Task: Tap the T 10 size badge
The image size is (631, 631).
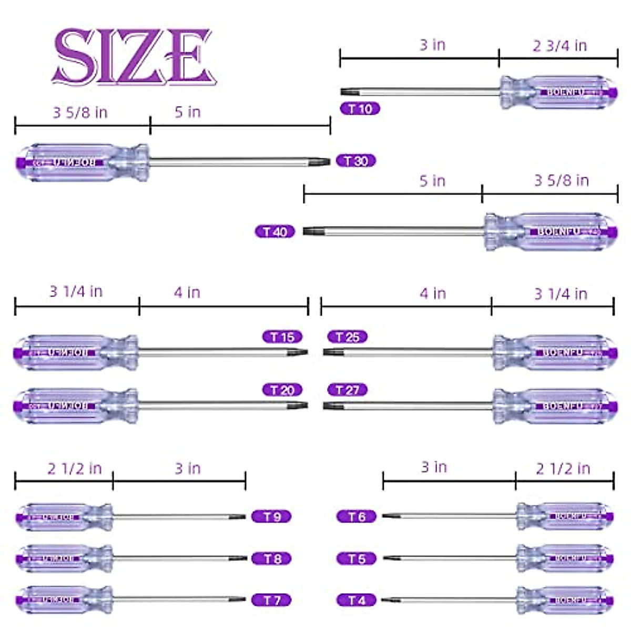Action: [360, 109]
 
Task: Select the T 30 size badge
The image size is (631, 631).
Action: [356, 161]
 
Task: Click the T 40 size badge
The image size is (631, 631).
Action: [275, 231]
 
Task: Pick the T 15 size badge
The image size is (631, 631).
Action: [282, 337]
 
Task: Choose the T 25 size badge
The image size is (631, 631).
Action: [347, 337]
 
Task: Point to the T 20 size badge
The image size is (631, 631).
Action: [282, 390]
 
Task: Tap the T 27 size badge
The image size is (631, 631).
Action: [347, 390]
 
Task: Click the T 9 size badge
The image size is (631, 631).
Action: [271, 517]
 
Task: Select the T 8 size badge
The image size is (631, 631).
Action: [271, 558]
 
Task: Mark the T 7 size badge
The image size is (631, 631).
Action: [271, 600]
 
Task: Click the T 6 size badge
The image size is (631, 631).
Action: [357, 517]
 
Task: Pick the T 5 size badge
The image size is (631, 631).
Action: [357, 558]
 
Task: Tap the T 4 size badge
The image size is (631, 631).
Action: [357, 600]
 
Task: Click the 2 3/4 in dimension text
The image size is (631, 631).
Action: [559, 46]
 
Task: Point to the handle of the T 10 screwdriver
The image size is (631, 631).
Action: [558, 93]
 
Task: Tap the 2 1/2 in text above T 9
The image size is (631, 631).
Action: [74, 469]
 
